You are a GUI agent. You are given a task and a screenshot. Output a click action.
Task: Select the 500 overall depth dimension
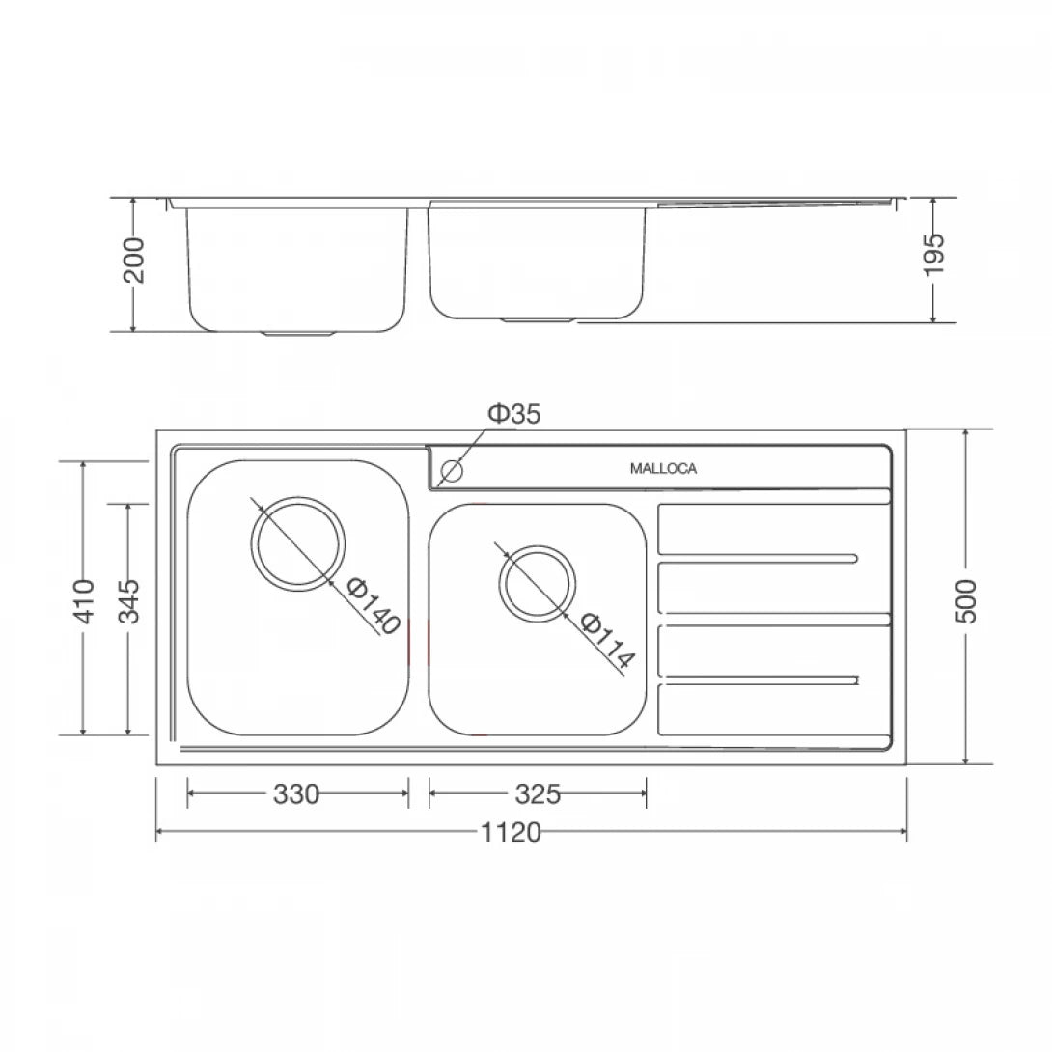coord(967,600)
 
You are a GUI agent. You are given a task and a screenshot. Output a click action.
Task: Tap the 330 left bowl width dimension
coord(296,794)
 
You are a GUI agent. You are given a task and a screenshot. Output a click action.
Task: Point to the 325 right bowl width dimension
coord(537,794)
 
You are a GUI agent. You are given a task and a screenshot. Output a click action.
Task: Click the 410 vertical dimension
coord(85,600)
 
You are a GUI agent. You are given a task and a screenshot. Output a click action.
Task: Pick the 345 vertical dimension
coord(128,600)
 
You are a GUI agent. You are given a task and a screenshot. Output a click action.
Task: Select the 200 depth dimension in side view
coord(133,260)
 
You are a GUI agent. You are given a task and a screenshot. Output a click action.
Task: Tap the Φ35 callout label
coord(513,414)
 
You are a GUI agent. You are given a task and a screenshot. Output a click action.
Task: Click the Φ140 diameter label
coord(373,606)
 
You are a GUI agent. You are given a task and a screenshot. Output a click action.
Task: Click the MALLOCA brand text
coord(663,469)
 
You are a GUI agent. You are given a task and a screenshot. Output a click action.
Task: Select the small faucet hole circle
coord(452,472)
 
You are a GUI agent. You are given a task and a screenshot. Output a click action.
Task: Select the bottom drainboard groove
coord(758,682)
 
